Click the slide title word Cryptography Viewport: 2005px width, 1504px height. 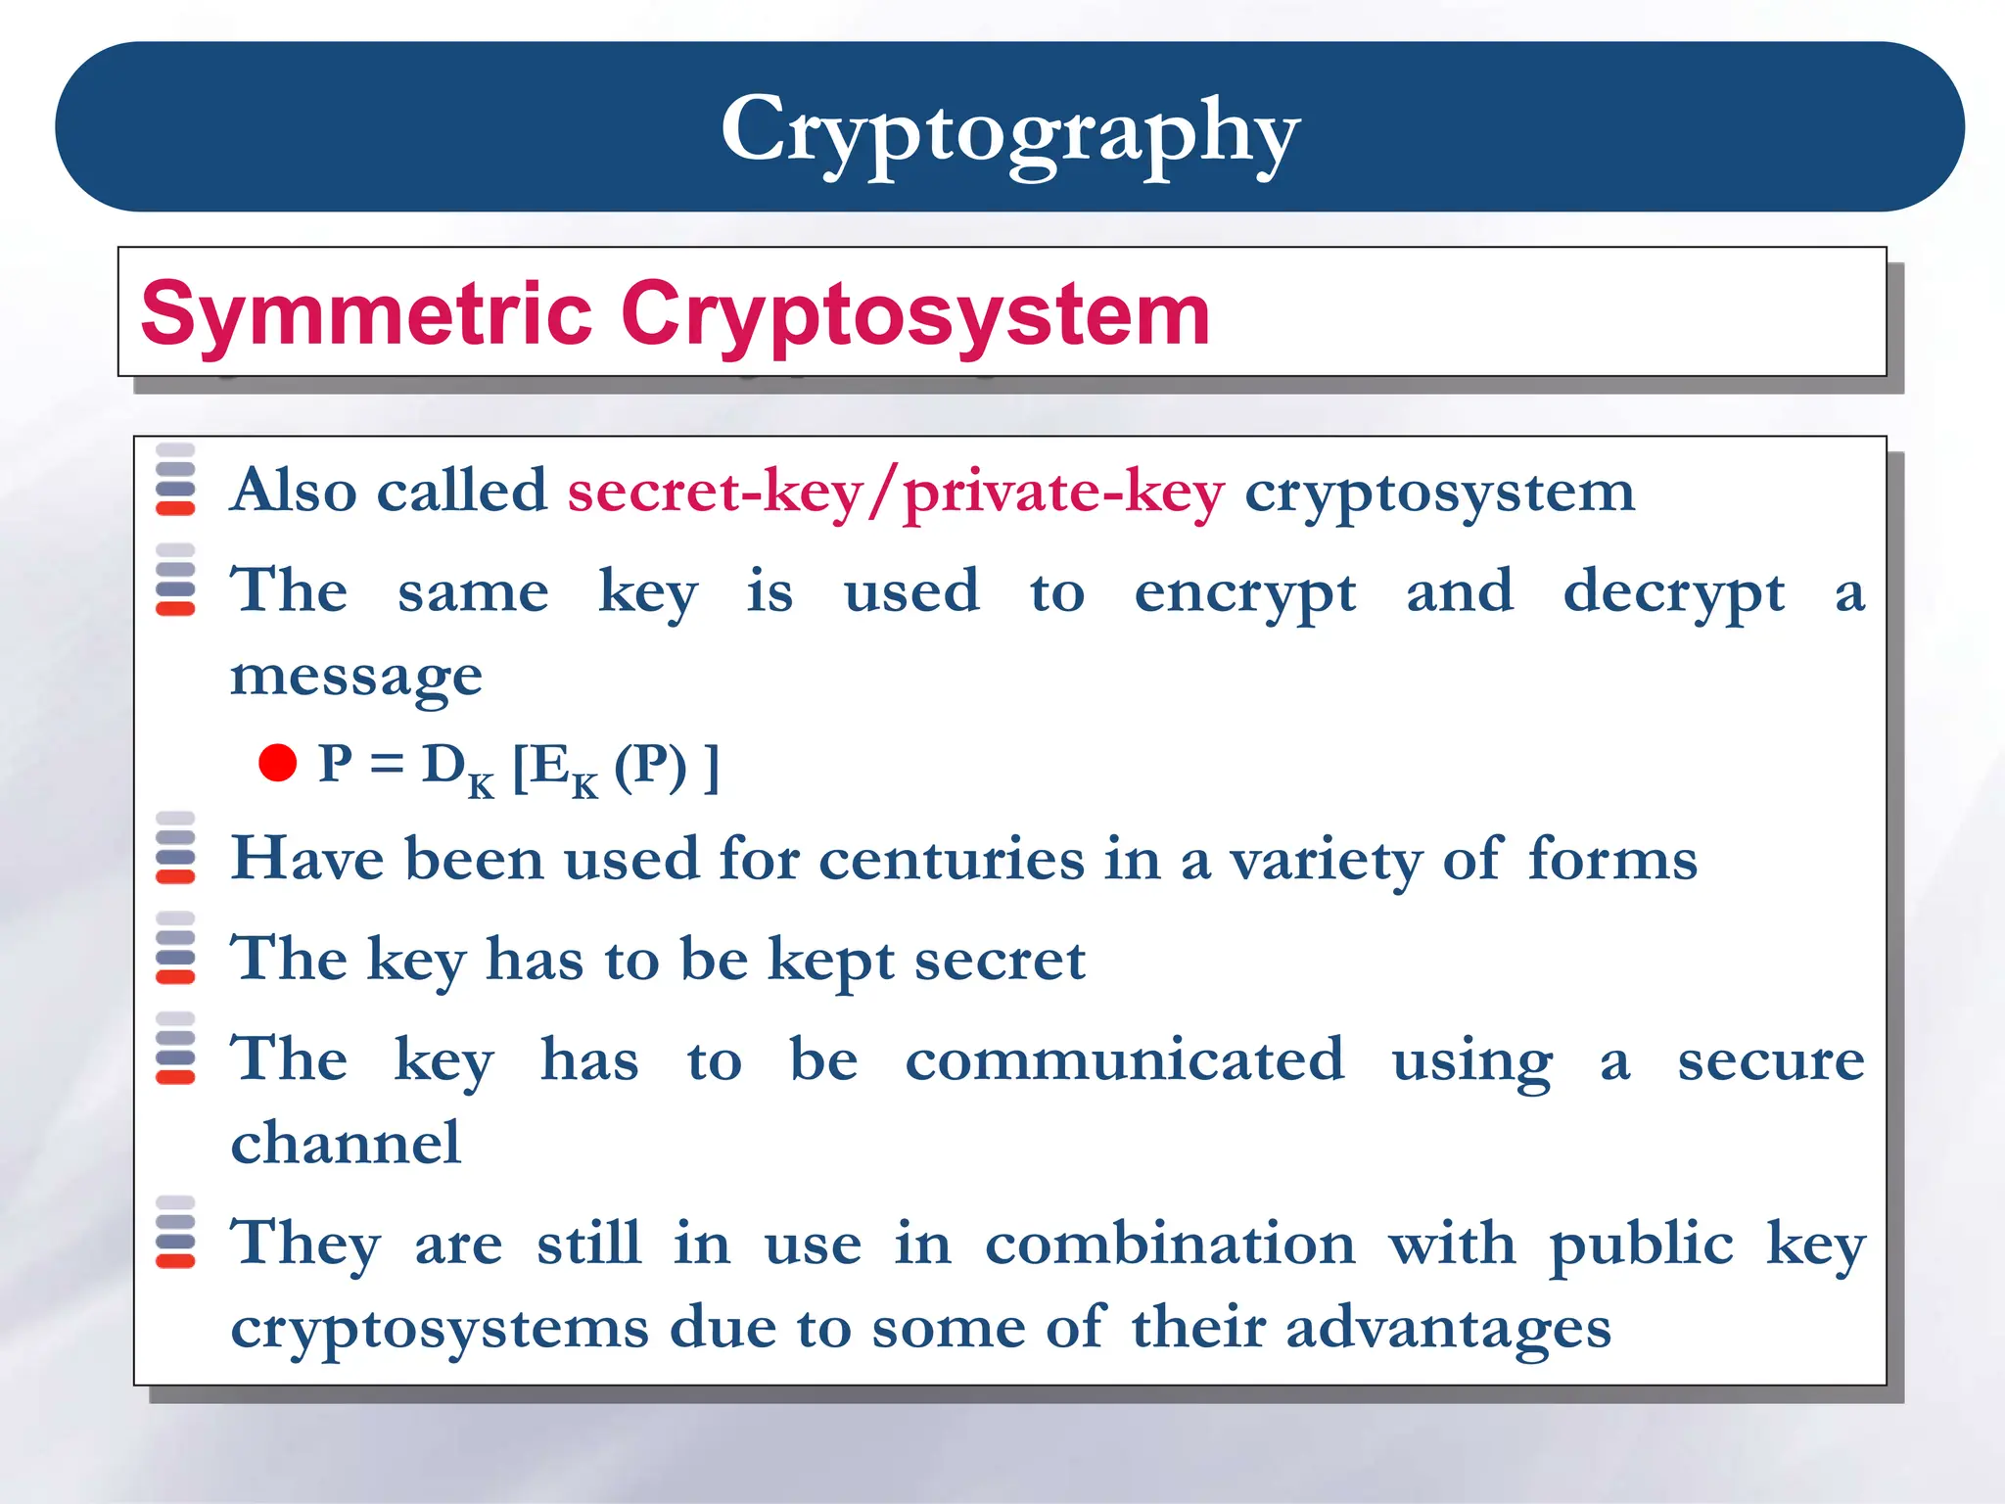[x=1009, y=132]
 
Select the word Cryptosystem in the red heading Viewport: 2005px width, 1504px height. [x=915, y=314]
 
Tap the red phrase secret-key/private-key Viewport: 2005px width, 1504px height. [x=896, y=492]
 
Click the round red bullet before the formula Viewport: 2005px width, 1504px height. [x=278, y=764]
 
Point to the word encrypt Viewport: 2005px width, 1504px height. [x=1244, y=594]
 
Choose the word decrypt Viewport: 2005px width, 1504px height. [x=1673, y=594]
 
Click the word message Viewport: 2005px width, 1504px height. [x=356, y=678]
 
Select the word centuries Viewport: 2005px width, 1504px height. [x=952, y=860]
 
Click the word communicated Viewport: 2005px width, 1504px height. [x=1124, y=1059]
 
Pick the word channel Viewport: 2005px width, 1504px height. [x=346, y=1143]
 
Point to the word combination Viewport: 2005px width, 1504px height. [x=1170, y=1245]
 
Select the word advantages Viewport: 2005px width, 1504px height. [x=1448, y=1330]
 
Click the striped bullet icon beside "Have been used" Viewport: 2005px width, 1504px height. [x=176, y=848]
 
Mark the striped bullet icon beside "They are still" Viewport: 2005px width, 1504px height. [x=176, y=1232]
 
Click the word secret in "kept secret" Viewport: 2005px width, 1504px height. [x=1000, y=960]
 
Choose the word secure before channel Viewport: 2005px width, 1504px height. [x=1771, y=1059]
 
